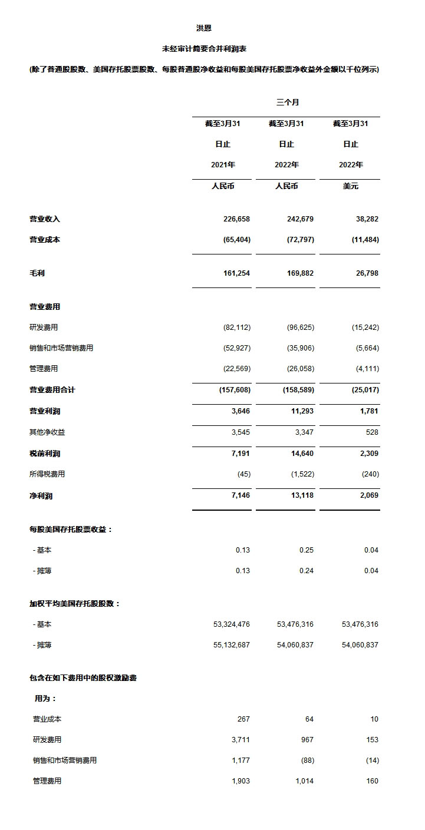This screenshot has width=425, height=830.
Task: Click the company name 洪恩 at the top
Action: point(204,28)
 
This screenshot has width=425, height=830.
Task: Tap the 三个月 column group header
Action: point(287,102)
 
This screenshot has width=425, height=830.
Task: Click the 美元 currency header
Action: point(350,186)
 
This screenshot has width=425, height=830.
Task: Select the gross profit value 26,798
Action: point(365,273)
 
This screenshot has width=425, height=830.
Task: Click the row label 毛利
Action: point(37,273)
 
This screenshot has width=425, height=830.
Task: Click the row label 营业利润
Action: point(45,411)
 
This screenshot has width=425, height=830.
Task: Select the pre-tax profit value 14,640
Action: point(301,454)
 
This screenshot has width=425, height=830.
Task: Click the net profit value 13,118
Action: point(301,495)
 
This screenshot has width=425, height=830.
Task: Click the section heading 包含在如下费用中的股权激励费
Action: point(83,678)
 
